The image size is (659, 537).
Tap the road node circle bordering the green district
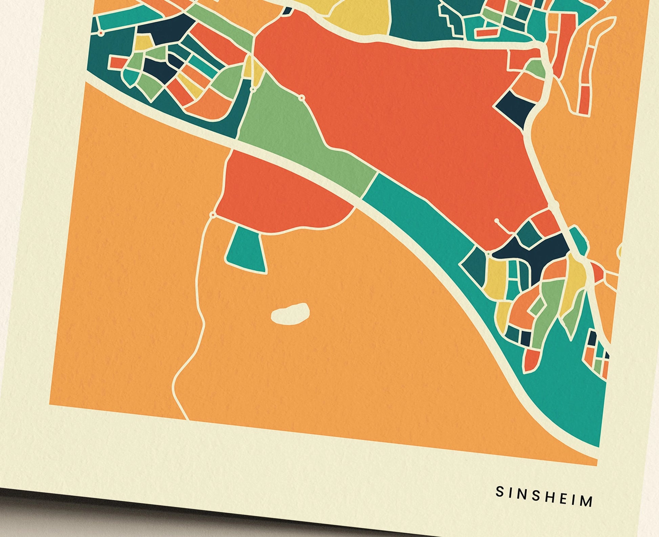pos(301,98)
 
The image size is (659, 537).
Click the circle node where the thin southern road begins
pos(213,215)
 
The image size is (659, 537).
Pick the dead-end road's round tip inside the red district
pos(497,221)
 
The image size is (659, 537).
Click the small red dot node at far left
pos(100,33)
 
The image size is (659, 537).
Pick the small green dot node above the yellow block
pos(488,253)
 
